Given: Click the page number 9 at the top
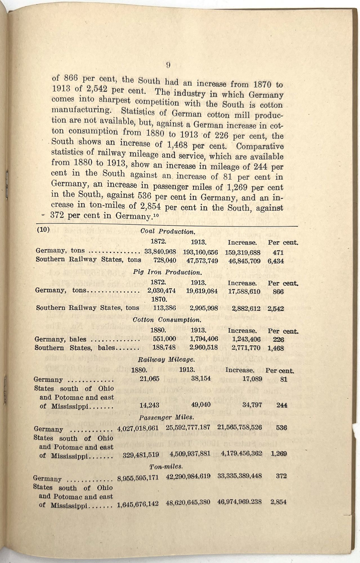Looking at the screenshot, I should (x=168, y=65).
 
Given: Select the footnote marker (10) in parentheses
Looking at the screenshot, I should (x=43, y=229).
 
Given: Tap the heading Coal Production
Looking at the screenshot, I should (x=168, y=231).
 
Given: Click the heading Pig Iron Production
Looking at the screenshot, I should (x=167, y=272).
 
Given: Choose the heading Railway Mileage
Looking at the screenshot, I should (x=166, y=359).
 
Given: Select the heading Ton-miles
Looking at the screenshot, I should (x=166, y=466).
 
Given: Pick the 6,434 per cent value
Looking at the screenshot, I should (x=276, y=261).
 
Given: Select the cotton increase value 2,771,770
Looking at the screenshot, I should (x=246, y=348).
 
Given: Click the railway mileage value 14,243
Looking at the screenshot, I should (x=149, y=405).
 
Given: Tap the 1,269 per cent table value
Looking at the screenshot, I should (x=279, y=453).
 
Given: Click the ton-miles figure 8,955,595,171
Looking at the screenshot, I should (x=138, y=477).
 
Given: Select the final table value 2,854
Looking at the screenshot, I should (x=278, y=502).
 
